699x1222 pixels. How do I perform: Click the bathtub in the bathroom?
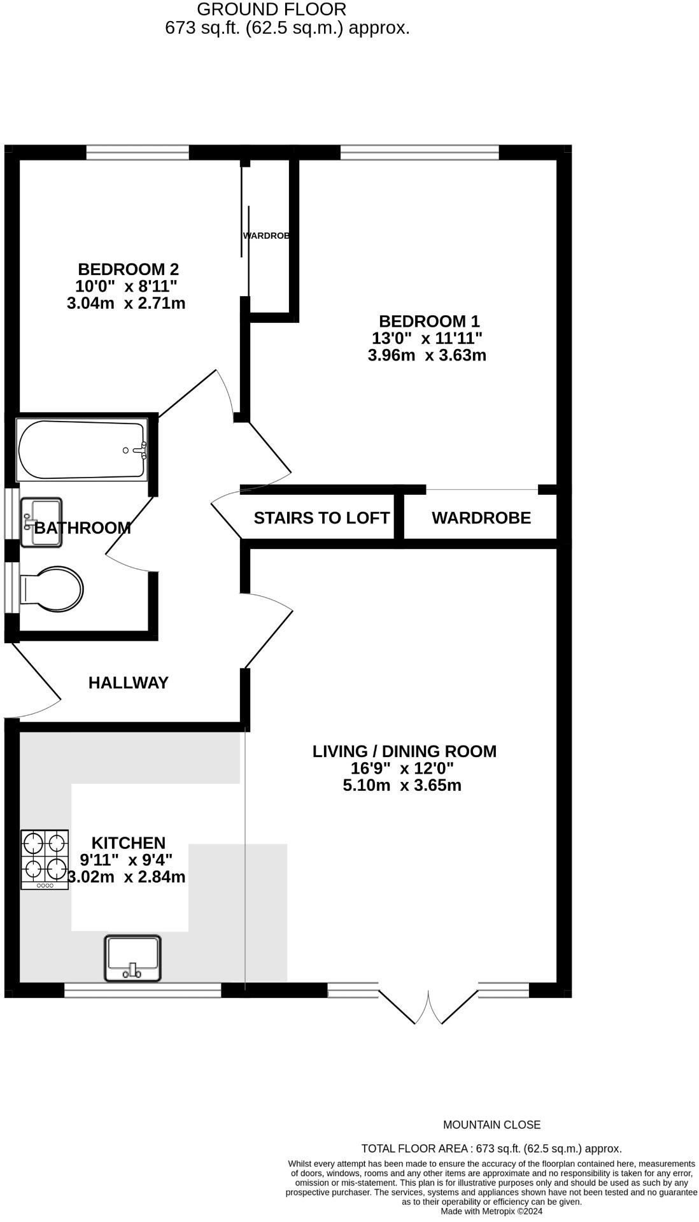(x=81, y=450)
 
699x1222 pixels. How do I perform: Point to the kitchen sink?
(x=133, y=958)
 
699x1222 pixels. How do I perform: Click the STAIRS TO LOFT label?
(x=321, y=518)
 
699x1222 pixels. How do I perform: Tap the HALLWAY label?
(x=128, y=683)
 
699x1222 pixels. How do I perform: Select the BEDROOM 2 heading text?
(x=128, y=269)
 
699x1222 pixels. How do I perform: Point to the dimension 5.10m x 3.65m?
(x=402, y=786)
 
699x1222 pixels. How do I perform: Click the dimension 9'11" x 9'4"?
(x=126, y=860)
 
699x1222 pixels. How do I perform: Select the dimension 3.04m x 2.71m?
(x=126, y=303)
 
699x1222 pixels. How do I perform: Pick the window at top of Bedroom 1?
(x=420, y=152)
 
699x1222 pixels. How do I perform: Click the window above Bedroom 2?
(x=138, y=152)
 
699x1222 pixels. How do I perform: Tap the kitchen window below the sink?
(x=143, y=990)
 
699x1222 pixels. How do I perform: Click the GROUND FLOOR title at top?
(x=272, y=10)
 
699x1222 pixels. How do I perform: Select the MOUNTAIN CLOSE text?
(x=491, y=1125)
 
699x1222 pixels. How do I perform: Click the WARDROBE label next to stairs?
(x=481, y=518)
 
